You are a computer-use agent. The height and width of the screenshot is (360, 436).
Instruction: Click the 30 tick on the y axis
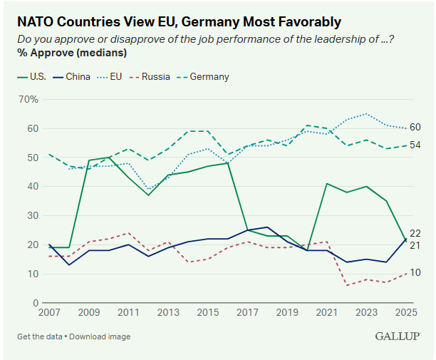tap(33, 216)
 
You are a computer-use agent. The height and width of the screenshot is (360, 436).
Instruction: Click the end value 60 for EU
tap(415, 128)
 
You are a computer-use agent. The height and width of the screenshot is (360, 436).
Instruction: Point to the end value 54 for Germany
tap(415, 145)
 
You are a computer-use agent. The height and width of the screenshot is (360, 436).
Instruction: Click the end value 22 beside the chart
tap(415, 234)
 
